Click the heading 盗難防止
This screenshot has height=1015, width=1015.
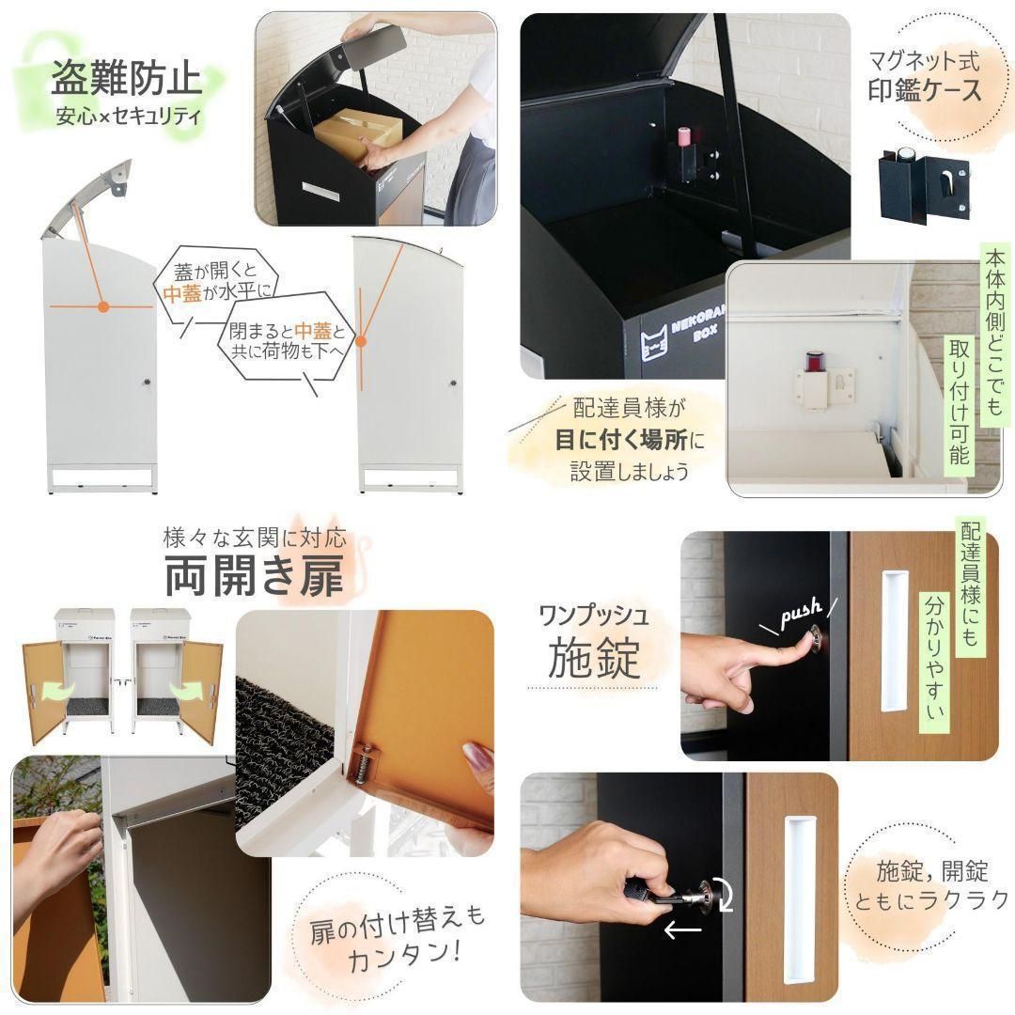point(126,78)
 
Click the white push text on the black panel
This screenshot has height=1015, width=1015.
point(801,613)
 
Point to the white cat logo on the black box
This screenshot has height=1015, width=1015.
point(654,342)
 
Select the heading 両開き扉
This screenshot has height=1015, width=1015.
point(255,575)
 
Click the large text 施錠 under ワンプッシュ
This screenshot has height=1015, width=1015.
point(594,657)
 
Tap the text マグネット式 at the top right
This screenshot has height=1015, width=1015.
point(924,61)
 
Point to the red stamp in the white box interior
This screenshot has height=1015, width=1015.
point(814,363)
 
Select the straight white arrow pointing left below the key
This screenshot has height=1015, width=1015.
point(683,930)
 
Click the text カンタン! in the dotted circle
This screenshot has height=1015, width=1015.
point(405,955)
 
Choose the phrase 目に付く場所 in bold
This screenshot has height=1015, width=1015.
point(621,440)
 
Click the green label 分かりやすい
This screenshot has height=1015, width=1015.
point(934,658)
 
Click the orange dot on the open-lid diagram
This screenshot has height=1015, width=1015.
point(102,306)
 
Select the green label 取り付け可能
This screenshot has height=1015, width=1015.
point(960,401)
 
